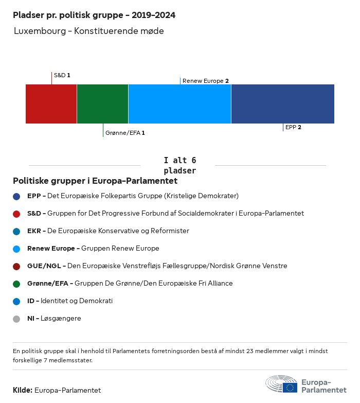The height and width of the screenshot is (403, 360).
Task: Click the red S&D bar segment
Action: (51, 104)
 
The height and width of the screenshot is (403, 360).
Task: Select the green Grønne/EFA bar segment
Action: (102, 104)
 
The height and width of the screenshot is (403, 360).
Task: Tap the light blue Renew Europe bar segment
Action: (179, 104)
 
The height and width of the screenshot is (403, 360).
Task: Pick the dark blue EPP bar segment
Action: (282, 104)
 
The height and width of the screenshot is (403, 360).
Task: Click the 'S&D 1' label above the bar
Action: (62, 75)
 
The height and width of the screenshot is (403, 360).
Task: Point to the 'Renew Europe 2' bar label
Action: (205, 81)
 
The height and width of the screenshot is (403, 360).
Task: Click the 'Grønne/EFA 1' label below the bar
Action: (124, 133)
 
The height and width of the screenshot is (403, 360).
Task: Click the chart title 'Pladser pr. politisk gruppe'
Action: (94, 15)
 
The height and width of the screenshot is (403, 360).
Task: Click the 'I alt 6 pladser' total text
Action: (179, 165)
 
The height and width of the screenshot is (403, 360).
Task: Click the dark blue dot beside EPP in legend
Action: (16, 196)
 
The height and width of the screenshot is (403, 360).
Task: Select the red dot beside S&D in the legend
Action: (16, 214)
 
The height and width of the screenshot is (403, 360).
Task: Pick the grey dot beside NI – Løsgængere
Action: (16, 319)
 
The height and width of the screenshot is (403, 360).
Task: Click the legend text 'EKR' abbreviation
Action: (34, 231)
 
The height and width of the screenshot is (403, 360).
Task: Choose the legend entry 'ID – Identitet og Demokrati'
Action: (70, 301)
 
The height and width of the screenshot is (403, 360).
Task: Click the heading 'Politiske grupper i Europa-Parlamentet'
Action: (95, 181)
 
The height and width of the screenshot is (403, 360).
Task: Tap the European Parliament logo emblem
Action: (281, 384)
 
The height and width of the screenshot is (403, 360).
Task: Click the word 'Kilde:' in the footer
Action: (23, 390)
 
